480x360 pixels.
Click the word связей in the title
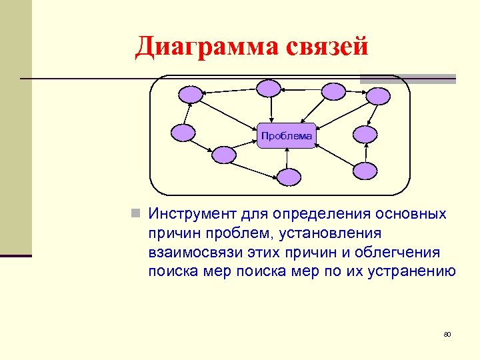[x=327, y=47]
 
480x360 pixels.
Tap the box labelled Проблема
[x=287, y=136]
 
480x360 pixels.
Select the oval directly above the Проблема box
[x=269, y=89]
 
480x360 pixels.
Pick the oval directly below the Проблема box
[x=289, y=176]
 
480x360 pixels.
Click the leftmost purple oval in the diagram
[x=183, y=133]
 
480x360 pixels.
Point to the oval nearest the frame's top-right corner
[x=378, y=95]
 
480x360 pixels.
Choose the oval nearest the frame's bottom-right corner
[x=365, y=171]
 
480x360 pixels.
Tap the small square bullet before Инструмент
[x=135, y=215]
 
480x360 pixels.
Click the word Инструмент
[x=192, y=215]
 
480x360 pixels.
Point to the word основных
[x=409, y=215]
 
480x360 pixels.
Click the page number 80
[x=447, y=334]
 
